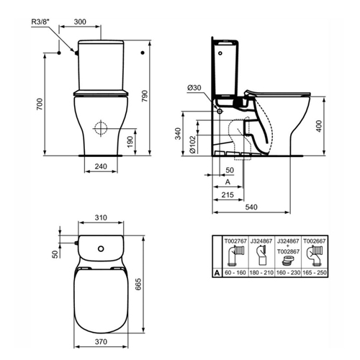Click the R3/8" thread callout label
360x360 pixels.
coord(40,22)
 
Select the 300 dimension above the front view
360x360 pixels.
coord(80,22)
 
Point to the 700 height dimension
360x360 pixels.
coord(40,104)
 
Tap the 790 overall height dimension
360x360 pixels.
coord(145,96)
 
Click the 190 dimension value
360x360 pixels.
coord(130,142)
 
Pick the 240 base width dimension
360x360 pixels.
coord(101,166)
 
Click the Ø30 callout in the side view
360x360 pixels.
coord(194,88)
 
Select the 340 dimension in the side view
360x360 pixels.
coord(178,134)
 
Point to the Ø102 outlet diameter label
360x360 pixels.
coord(192,144)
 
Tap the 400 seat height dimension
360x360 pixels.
coord(319,126)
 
